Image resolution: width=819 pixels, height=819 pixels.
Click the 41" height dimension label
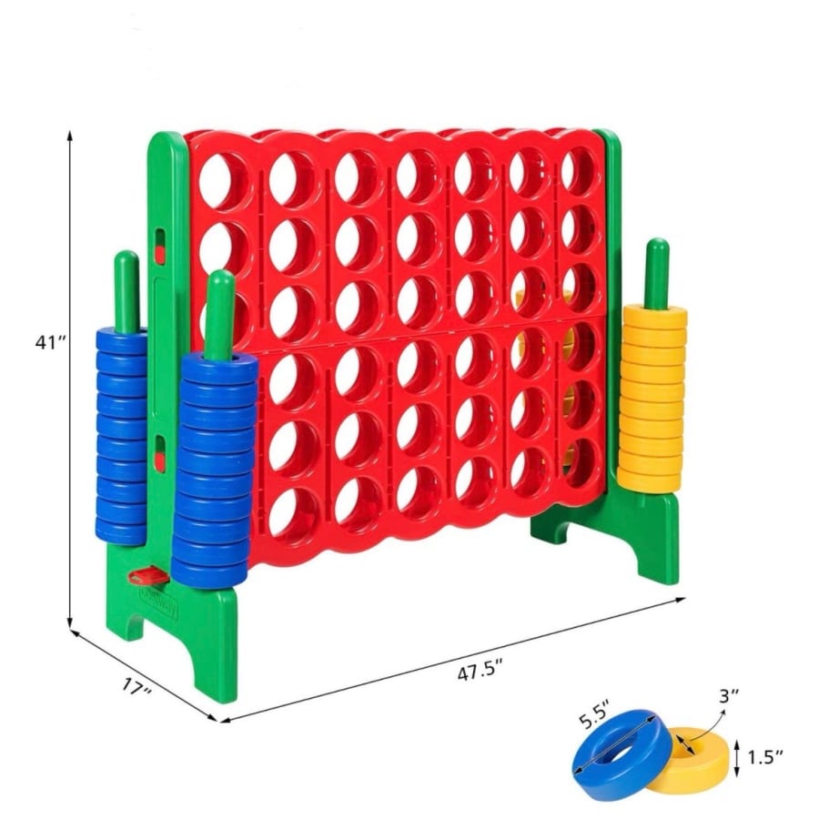(51, 343)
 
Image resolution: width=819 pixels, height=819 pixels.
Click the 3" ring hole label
(729, 696)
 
